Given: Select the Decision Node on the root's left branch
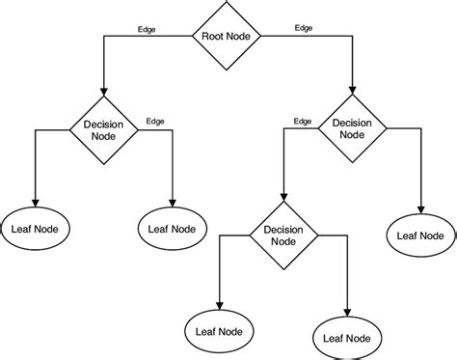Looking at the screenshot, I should click(x=102, y=129).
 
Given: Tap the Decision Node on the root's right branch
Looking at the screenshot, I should click(x=353, y=129).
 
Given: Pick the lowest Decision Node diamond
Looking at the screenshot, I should click(x=282, y=236).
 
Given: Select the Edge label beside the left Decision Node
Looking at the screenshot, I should click(x=154, y=121).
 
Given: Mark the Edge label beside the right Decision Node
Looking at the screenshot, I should click(x=302, y=121).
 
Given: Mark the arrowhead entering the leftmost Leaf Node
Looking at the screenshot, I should click(x=35, y=202).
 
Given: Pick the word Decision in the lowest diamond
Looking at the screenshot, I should click(x=282, y=231).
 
